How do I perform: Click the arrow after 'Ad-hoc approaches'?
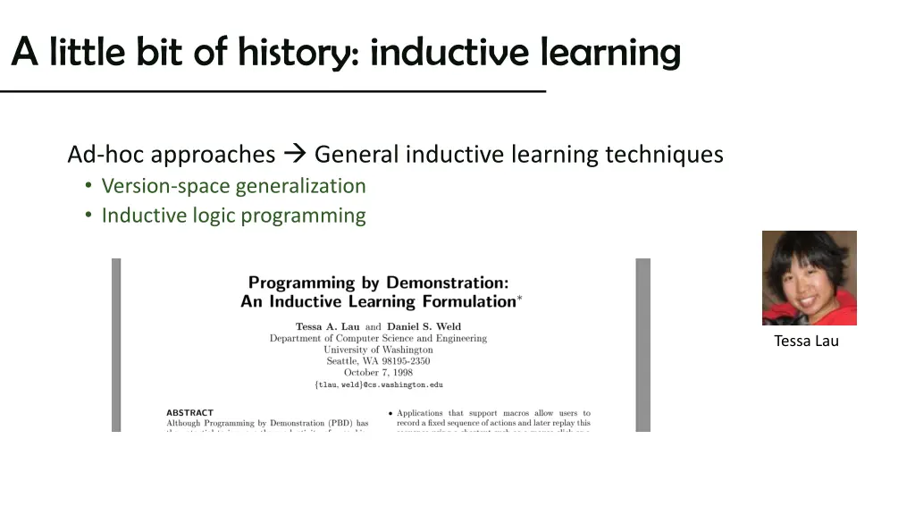point(295,155)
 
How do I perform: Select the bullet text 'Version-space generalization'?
point(233,186)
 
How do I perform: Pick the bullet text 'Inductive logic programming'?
point(233,215)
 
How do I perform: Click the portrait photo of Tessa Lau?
point(809,278)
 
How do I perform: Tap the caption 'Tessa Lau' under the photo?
point(806,341)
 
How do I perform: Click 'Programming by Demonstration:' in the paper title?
point(379,283)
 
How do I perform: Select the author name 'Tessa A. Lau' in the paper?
point(328,326)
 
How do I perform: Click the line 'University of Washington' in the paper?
point(378,350)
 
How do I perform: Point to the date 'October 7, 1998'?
point(379,372)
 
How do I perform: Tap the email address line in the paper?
point(379,384)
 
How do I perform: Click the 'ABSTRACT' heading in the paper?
point(189,413)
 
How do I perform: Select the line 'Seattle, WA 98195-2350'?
point(378,361)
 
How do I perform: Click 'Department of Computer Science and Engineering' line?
point(378,338)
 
